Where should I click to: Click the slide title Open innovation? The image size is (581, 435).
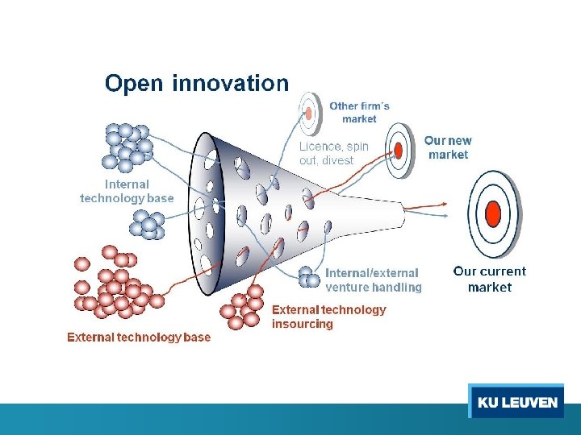[x=196, y=83]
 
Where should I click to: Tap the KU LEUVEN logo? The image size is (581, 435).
[x=516, y=402]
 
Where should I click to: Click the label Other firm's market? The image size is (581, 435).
[x=359, y=112]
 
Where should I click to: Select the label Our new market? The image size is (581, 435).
[x=449, y=147]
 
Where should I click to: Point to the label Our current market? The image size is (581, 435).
[x=489, y=279]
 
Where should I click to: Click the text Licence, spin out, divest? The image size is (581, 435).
[x=333, y=153]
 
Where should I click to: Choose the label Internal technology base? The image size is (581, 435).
[x=127, y=191]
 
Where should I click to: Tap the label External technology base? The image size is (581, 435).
[x=139, y=338]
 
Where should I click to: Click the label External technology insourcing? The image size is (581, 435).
[x=328, y=317]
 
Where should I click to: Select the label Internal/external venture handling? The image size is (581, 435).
[x=374, y=280]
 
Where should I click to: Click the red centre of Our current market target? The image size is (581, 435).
[x=493, y=213]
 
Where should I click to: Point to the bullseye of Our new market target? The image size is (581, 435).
[x=398, y=149]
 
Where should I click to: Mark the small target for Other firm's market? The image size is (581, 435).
[x=308, y=113]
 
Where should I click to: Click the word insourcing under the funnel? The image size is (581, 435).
[x=303, y=324]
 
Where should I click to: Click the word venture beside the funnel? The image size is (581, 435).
[x=346, y=287]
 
